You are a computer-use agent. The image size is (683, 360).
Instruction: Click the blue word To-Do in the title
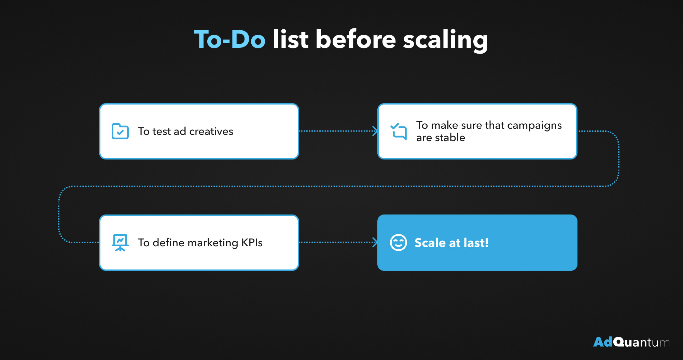[x=230, y=39]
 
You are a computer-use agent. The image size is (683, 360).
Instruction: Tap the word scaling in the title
[x=446, y=41]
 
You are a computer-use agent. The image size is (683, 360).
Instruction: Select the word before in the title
[x=356, y=39]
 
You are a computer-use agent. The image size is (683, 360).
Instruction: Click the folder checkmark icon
[x=120, y=131]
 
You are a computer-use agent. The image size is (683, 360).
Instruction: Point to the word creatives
[x=211, y=131]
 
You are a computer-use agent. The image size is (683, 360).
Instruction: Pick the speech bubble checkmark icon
[x=399, y=131]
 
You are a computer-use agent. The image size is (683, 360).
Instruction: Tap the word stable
[x=450, y=137]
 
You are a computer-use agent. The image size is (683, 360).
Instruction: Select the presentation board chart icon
[x=120, y=243]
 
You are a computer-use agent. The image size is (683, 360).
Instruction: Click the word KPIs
[x=252, y=243]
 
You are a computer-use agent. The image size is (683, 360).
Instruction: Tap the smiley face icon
[x=399, y=243]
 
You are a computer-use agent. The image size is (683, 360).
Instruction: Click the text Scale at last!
[x=451, y=243]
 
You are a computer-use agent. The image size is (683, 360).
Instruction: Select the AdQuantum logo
[x=631, y=342]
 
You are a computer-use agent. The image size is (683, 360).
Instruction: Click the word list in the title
[x=291, y=39]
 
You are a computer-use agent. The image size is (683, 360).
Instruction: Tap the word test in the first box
[x=162, y=131]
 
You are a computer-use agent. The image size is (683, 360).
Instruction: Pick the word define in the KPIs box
[x=169, y=243]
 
